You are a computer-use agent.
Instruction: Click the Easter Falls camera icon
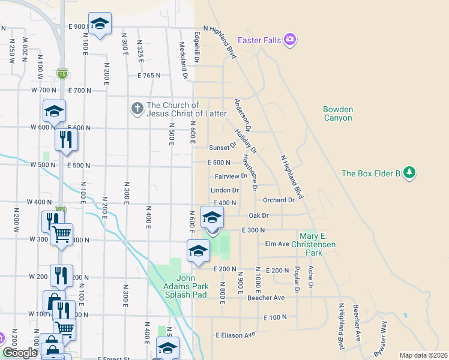(291, 40)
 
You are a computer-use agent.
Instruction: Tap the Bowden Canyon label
(338, 113)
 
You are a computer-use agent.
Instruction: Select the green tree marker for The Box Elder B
(410, 173)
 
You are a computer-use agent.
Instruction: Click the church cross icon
(137, 109)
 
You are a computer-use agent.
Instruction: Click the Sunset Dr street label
(223, 148)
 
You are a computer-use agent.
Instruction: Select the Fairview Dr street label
(231, 176)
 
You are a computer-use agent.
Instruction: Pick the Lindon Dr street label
(225, 190)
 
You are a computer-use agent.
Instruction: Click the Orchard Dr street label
(279, 200)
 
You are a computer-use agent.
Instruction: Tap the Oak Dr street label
(258, 215)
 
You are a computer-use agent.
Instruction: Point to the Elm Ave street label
(277, 244)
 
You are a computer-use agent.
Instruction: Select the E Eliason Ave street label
(236, 334)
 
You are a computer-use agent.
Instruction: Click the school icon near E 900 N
(100, 24)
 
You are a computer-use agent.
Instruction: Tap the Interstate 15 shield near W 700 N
(62, 73)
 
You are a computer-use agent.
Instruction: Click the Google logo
(19, 353)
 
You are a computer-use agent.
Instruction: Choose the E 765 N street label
(149, 76)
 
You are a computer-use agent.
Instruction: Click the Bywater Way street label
(381, 347)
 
